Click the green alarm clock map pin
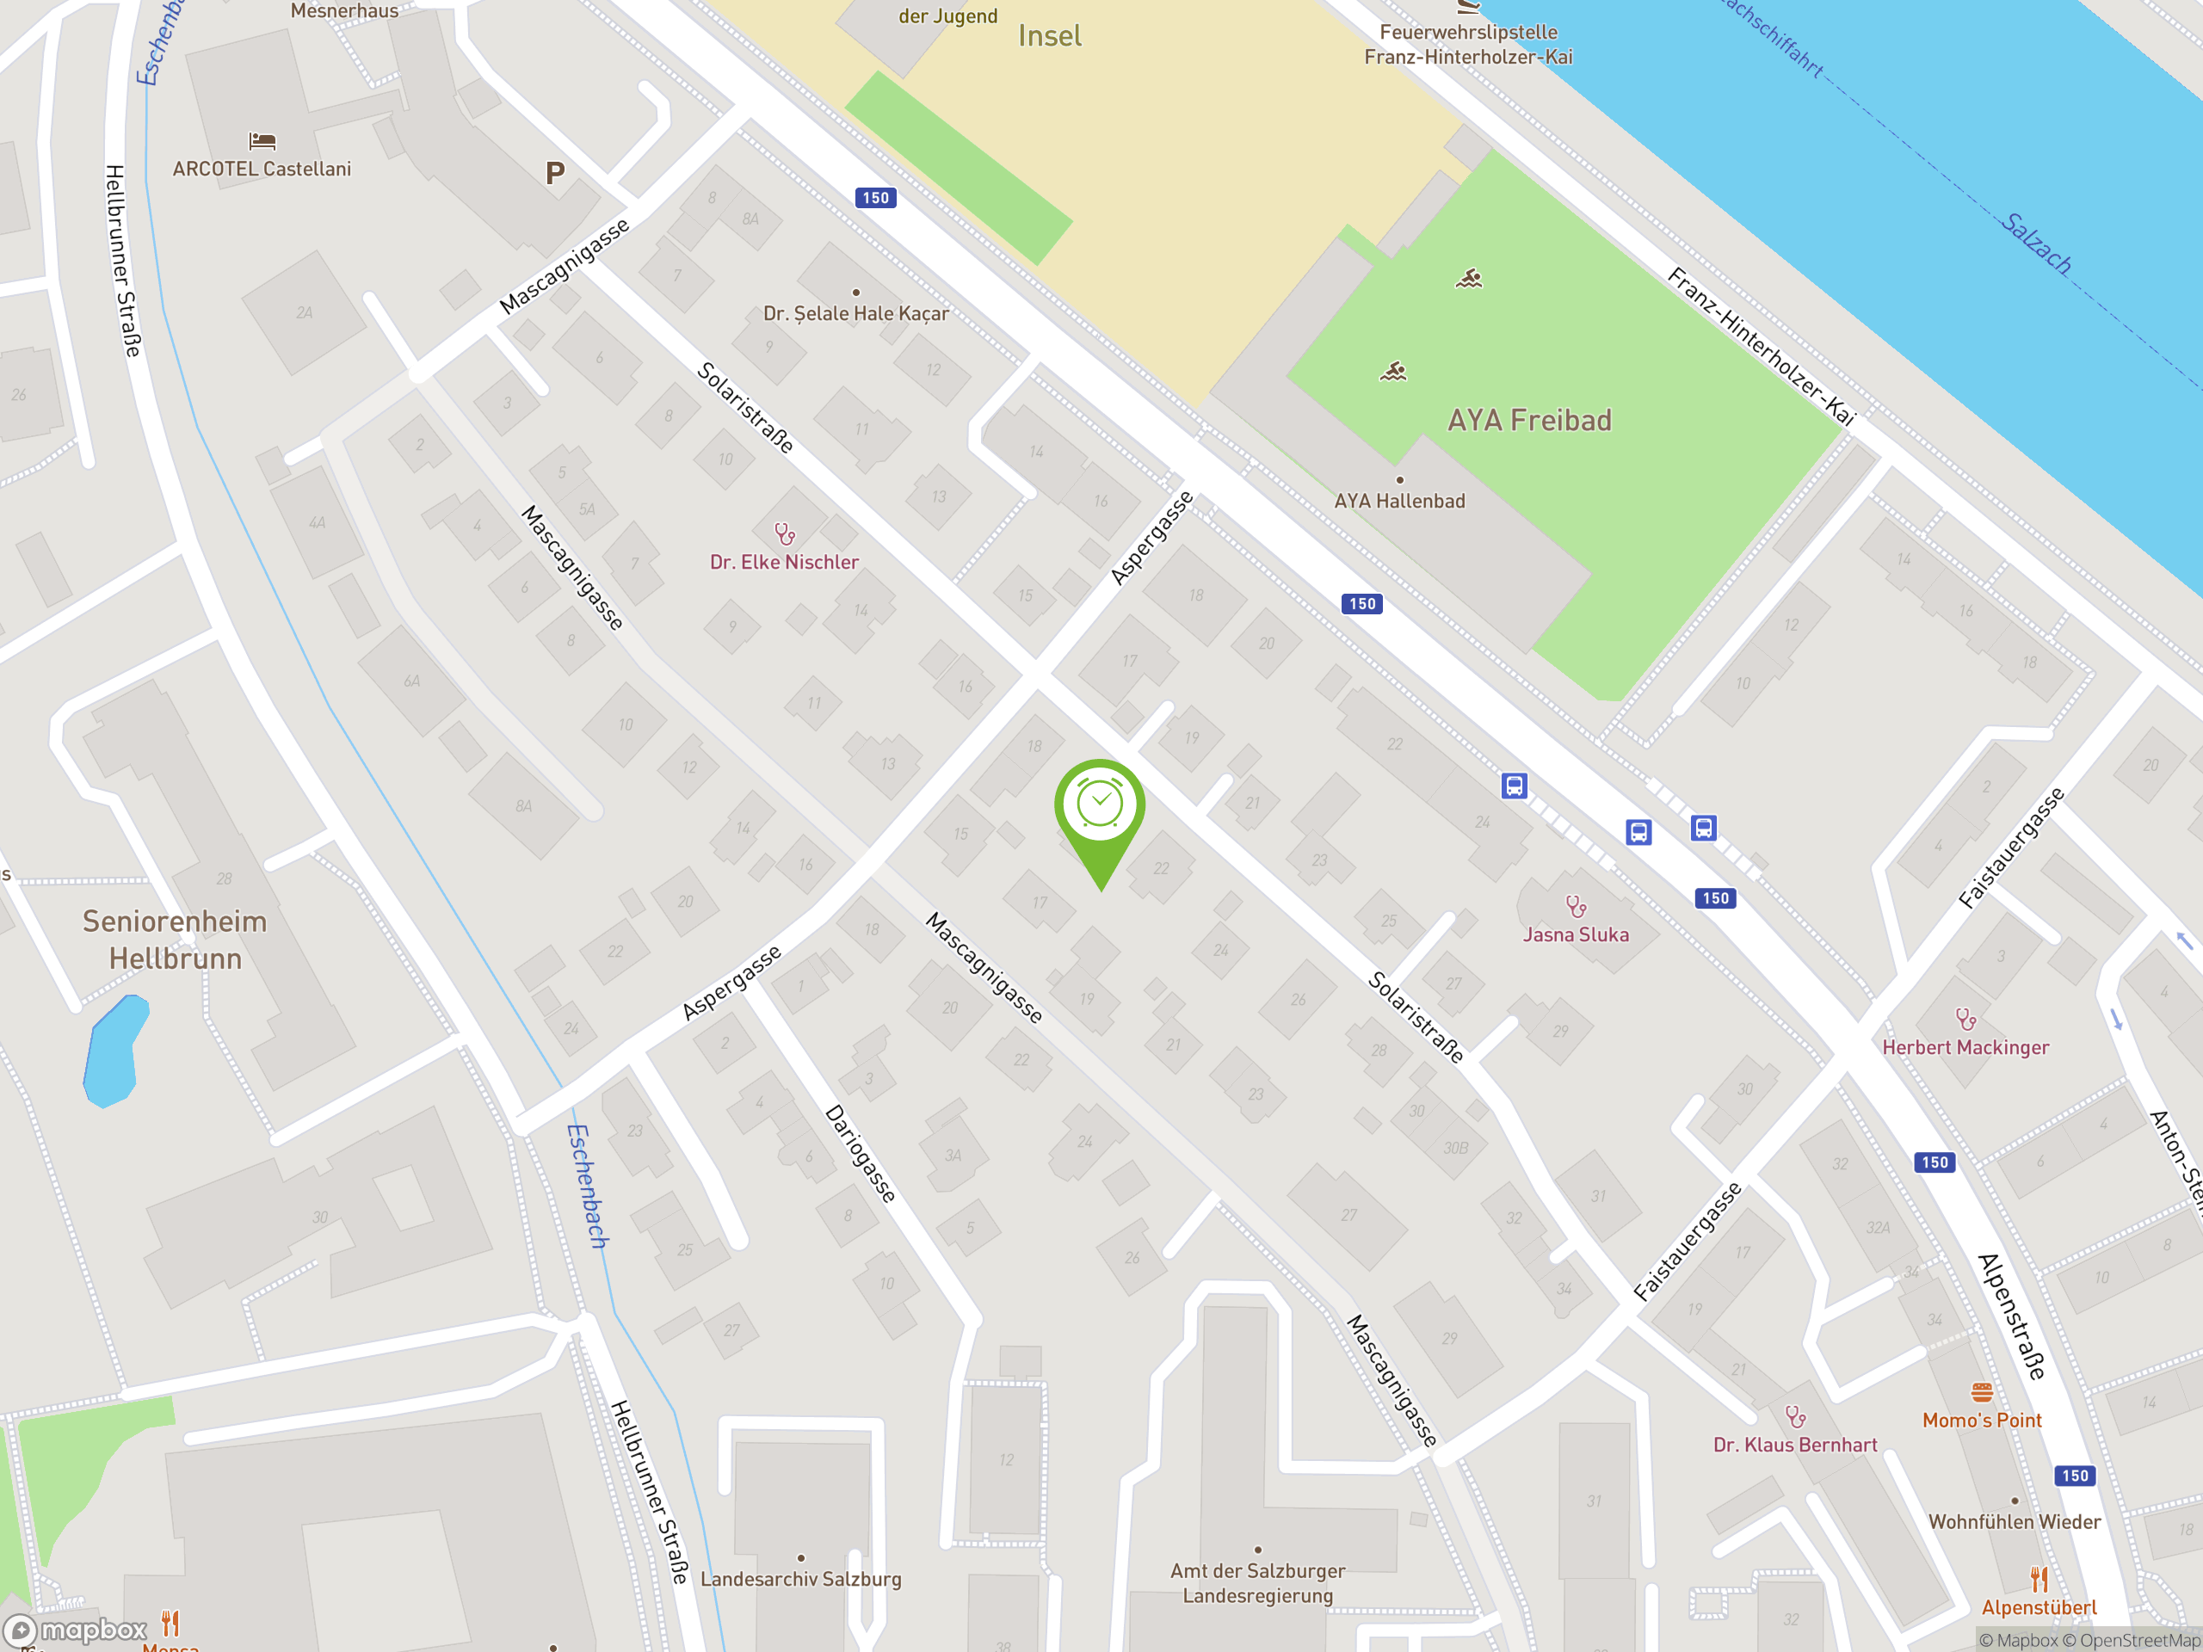1100,806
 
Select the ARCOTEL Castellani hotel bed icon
262,141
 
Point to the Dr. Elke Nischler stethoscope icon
785,534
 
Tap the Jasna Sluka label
1576,934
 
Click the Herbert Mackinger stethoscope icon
1965,1019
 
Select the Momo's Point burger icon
1982,1392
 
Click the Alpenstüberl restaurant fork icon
2039,1578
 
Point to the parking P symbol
556,173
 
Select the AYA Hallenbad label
1399,501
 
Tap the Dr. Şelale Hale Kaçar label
855,314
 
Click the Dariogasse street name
861,1153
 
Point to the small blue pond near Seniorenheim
114,1051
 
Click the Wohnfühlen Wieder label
2014,1521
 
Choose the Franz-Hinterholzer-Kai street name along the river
1761,347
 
